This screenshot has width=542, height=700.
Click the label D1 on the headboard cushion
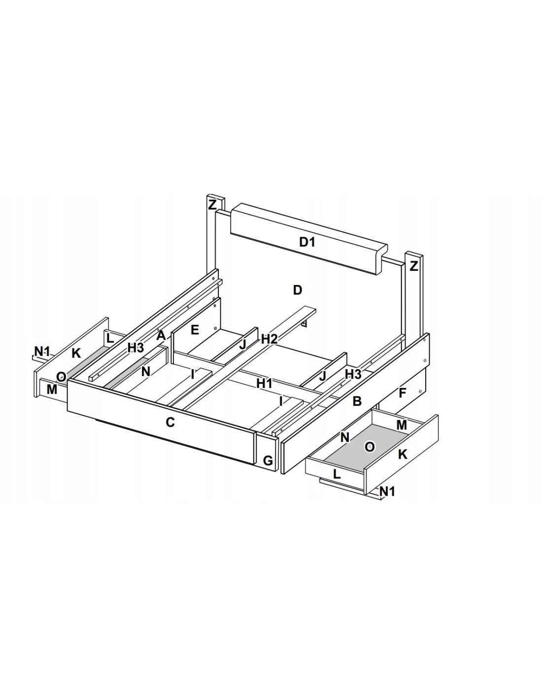(306, 242)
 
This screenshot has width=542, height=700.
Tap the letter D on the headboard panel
(297, 290)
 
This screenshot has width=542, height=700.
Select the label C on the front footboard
(170, 422)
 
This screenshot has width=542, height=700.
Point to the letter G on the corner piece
(268, 461)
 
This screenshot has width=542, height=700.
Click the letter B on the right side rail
(357, 401)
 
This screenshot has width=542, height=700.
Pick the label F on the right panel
(402, 393)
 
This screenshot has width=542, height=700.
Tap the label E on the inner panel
(195, 330)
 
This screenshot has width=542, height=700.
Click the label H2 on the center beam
(269, 339)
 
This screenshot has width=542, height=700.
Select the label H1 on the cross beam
(265, 383)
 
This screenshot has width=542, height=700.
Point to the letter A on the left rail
(161, 336)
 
